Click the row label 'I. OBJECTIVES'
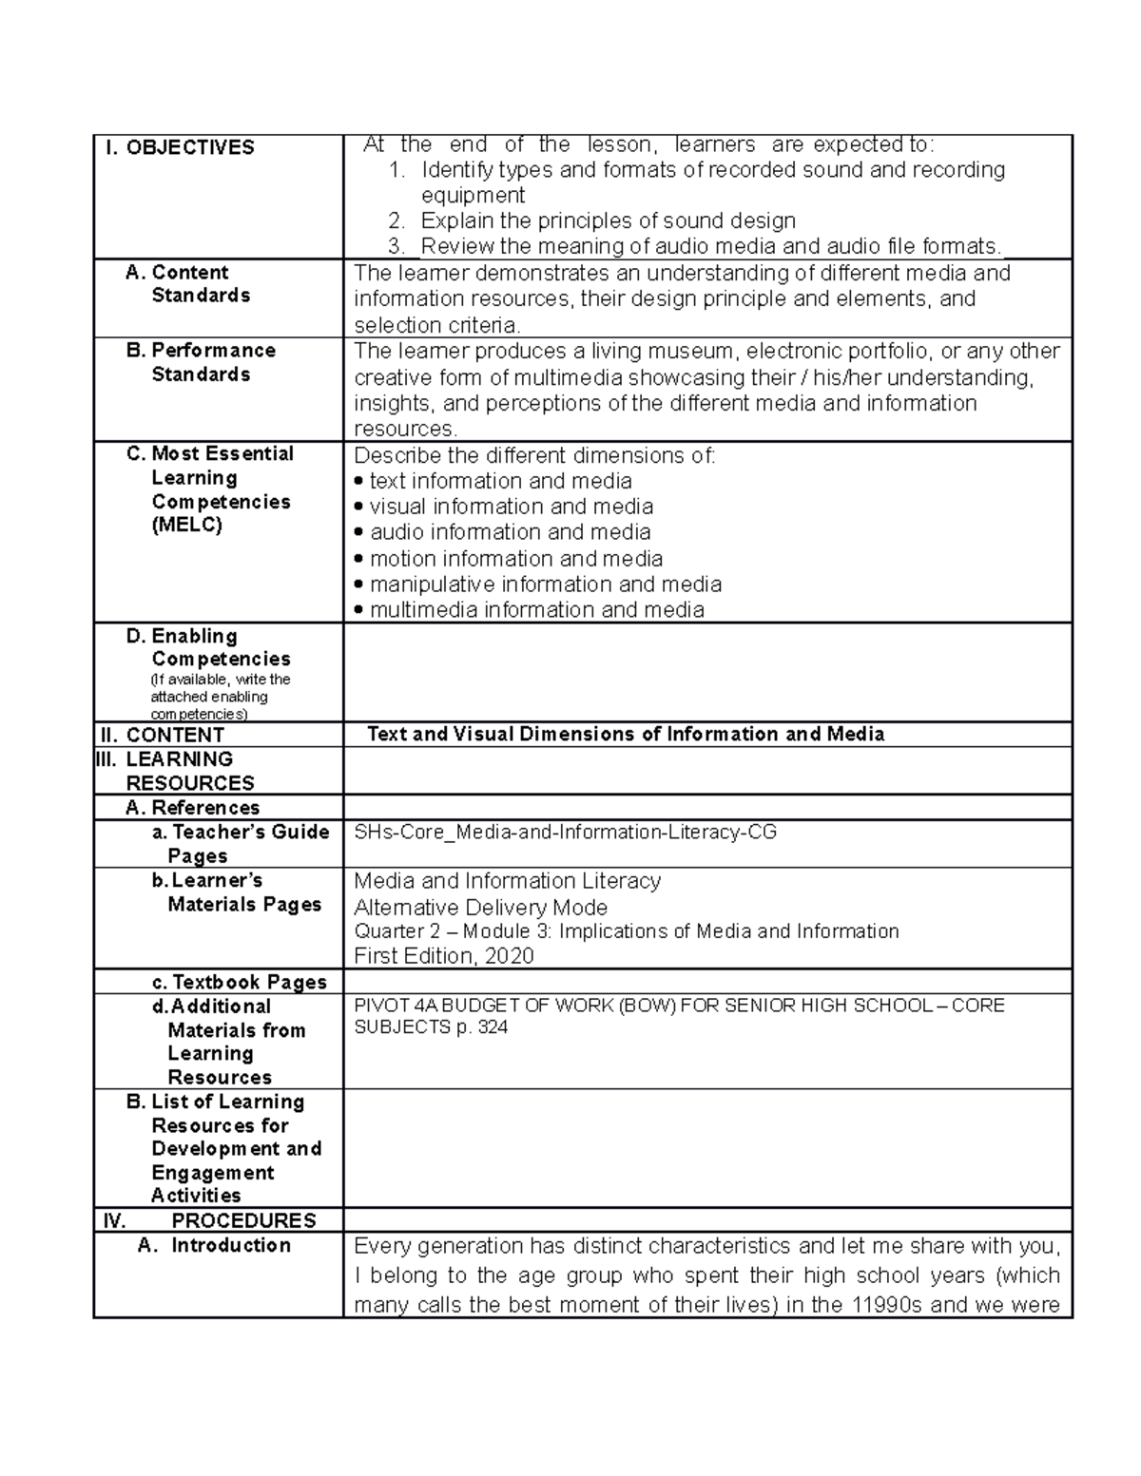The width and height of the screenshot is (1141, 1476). tap(181, 147)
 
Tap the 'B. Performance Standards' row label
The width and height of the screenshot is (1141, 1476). tap(201, 362)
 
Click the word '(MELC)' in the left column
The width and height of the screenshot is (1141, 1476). tap(186, 525)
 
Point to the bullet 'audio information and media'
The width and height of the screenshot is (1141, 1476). tap(510, 532)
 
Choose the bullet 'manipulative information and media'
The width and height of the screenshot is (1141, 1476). tap(545, 585)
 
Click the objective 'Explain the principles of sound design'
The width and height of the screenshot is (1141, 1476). tap(608, 221)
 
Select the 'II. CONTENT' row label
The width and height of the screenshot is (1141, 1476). tap(163, 735)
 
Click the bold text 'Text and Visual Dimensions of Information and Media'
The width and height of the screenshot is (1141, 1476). tap(626, 735)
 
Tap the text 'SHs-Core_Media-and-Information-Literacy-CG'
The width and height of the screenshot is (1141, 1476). tap(565, 833)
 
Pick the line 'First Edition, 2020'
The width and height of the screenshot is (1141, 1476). tap(443, 956)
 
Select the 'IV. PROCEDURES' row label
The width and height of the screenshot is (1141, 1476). tap(208, 1220)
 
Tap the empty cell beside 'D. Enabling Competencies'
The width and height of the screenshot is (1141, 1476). tap(707, 673)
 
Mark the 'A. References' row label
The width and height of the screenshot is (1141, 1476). tap(192, 808)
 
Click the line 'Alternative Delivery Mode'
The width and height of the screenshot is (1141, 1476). tap(480, 908)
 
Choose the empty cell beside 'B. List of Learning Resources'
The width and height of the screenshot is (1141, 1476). tap(707, 1148)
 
